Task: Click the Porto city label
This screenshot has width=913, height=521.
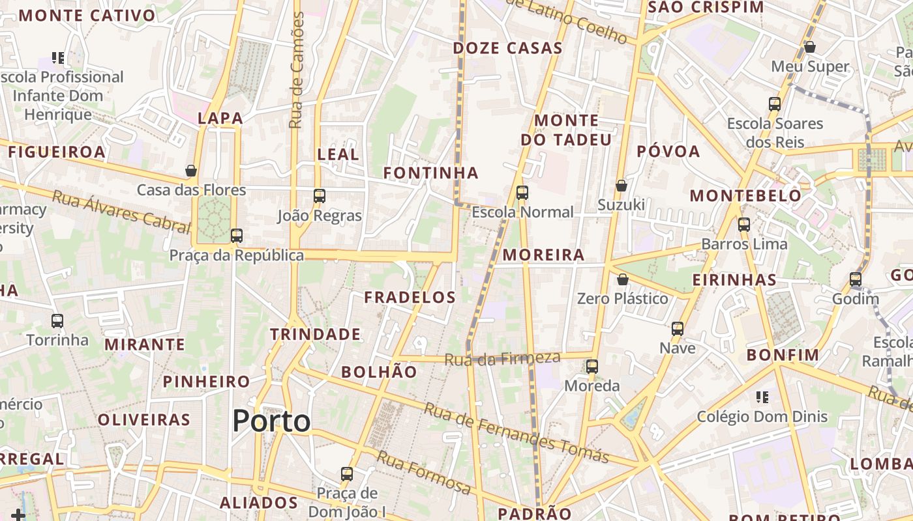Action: (x=271, y=421)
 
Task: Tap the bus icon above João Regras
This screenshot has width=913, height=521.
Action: (x=320, y=195)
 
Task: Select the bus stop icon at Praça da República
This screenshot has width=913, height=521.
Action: (x=237, y=235)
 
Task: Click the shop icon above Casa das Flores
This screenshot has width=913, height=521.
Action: (x=191, y=171)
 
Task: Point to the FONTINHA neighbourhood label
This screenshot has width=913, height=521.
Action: (x=430, y=173)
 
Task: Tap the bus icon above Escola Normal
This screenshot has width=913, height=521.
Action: (x=522, y=192)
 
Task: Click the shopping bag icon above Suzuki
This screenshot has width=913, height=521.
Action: (x=621, y=186)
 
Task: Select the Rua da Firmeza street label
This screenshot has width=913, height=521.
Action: (x=502, y=358)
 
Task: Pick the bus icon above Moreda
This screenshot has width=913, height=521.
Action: (x=592, y=366)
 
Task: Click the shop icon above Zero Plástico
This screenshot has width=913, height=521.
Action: (x=623, y=279)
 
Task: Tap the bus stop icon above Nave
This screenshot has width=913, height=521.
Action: (x=678, y=328)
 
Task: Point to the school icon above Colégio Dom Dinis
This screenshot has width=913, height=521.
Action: (x=762, y=397)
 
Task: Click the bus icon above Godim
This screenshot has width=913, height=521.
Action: (x=856, y=279)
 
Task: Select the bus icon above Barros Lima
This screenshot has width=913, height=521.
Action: (x=744, y=225)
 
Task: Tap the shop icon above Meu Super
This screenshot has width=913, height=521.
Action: (x=810, y=47)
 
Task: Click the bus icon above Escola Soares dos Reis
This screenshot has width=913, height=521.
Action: (x=775, y=104)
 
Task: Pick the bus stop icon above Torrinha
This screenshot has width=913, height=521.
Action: (x=57, y=320)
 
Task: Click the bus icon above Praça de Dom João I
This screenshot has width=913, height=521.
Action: (x=347, y=473)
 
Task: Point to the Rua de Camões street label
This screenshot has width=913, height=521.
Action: (x=297, y=70)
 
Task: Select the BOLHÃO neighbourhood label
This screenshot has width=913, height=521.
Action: (x=379, y=372)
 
